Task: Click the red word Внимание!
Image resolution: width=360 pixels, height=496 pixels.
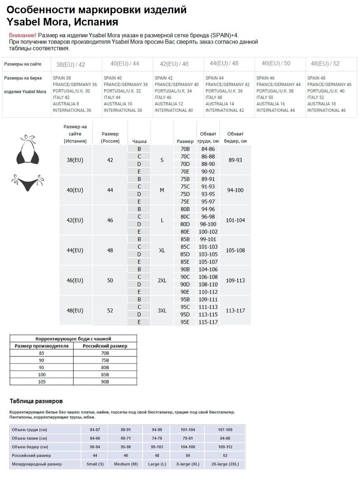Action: click(x=22, y=36)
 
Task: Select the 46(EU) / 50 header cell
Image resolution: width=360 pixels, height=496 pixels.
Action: click(x=276, y=63)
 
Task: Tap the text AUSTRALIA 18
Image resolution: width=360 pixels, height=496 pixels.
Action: click(x=321, y=104)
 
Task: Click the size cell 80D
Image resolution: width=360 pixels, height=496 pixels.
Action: click(x=185, y=224)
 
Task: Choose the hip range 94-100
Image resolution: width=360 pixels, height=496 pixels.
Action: click(x=235, y=190)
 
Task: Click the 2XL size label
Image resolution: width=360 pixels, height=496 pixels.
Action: click(x=162, y=281)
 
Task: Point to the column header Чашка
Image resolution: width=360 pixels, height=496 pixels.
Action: click(x=139, y=141)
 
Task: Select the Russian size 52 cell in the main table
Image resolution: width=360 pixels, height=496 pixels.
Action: click(x=110, y=311)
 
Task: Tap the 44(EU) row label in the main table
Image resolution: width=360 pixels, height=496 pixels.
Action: click(x=75, y=251)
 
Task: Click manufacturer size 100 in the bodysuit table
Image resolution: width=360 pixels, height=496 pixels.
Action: click(x=42, y=375)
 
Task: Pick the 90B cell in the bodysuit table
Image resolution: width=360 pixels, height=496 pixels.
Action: click(x=105, y=381)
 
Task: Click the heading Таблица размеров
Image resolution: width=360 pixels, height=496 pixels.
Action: click(x=36, y=401)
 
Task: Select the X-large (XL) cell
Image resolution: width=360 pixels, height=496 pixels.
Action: click(x=188, y=464)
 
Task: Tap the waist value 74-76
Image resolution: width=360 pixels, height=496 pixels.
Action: click(x=157, y=438)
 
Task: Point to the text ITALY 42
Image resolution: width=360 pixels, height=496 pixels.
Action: click(x=61, y=97)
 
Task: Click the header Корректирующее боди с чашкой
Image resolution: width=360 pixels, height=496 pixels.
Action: click(x=73, y=339)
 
